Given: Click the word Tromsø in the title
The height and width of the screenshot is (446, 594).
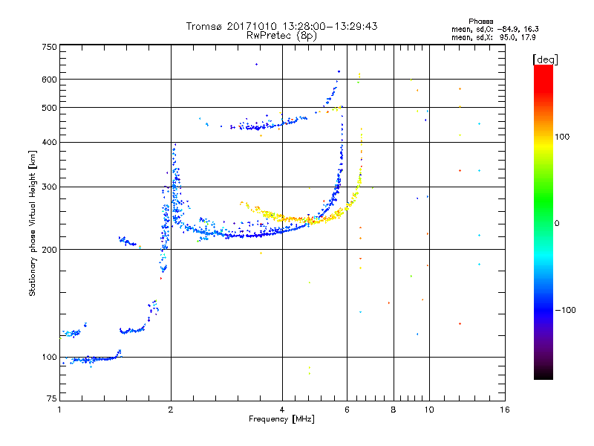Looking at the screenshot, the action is pos(203,26).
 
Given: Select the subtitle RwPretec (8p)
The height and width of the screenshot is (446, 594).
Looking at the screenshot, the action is pos(281,36).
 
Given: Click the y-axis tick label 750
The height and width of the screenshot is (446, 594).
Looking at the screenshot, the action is pos(49,47).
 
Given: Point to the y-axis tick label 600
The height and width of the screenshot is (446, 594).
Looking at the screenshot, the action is pos(49,80).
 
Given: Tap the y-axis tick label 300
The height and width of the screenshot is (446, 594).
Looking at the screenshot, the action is pos(49,187).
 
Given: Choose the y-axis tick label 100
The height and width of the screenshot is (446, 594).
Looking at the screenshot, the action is pos(49,358).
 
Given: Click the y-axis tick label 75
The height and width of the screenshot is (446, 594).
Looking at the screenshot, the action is pos(52,398).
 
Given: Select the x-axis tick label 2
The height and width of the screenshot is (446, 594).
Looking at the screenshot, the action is pos(171,410).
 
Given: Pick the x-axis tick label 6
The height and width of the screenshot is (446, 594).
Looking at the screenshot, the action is pos(347,410).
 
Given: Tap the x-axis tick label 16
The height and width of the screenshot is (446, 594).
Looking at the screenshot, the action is pos(505,410).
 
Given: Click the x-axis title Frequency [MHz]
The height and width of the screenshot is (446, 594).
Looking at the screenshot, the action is pos(281,419).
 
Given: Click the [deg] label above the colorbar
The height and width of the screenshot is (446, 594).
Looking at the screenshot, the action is pos(546,59).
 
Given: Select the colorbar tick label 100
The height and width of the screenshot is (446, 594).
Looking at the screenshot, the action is pos(562,137).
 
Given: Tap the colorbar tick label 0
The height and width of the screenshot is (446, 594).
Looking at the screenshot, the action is pos(557,224).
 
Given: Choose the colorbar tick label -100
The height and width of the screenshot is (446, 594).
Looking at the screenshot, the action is pos(566,310).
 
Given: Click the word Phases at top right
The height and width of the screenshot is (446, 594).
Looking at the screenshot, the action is pos(480,22).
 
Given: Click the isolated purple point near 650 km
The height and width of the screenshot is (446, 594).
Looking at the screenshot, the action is pos(256,65).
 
